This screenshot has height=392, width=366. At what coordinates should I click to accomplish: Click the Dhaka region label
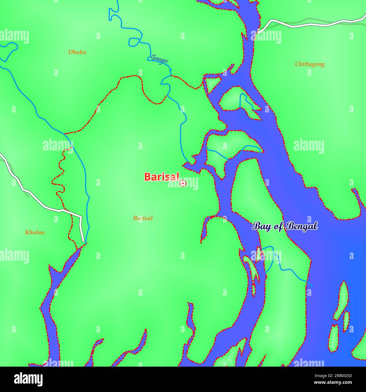[x=77, y=52]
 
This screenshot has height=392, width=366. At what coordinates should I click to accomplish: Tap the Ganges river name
[x=160, y=59]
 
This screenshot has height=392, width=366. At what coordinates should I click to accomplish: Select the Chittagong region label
[x=309, y=64]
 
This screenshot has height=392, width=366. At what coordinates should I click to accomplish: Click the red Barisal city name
[x=162, y=177]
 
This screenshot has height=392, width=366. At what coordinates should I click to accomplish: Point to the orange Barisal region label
[x=143, y=218]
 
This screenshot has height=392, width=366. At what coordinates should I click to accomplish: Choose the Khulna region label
[x=35, y=232]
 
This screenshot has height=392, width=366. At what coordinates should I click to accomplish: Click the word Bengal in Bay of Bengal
[x=302, y=226]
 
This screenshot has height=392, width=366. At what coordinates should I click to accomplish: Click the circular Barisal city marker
[x=183, y=183]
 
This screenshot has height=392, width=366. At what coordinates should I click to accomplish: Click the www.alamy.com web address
[x=333, y=383]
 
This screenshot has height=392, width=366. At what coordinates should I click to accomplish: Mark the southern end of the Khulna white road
[x=83, y=241]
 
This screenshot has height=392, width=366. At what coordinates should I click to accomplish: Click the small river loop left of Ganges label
[x=134, y=42]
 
